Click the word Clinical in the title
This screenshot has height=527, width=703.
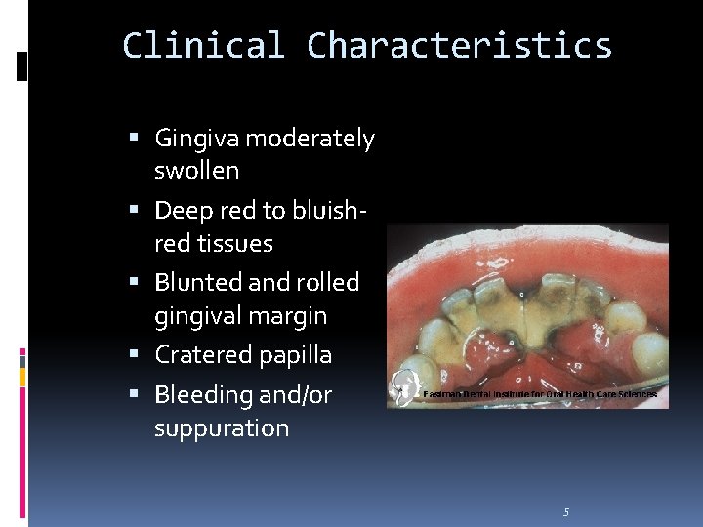tap(203, 46)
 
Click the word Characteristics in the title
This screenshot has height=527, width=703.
tap(459, 46)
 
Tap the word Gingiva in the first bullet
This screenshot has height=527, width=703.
tap(196, 140)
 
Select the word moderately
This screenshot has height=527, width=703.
tap(310, 140)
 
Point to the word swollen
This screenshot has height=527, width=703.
tap(196, 171)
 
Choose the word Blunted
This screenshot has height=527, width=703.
tap(198, 282)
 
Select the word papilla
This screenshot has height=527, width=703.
tap(293, 355)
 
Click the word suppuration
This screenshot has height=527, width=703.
tap(222, 428)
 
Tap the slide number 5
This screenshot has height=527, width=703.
tap(566, 512)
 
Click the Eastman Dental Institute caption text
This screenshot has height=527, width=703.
tap(540, 394)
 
